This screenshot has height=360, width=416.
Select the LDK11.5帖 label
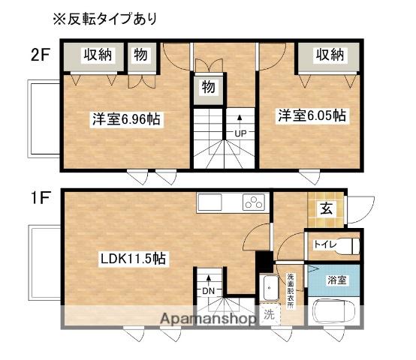pos(134,258)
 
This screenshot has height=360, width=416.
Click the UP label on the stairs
pos(240,134)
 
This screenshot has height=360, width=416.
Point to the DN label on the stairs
pos(207,290)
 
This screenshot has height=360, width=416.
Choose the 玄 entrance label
pos(327,209)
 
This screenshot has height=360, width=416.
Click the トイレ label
pos(324,244)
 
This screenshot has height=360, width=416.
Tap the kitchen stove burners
pos(254,203)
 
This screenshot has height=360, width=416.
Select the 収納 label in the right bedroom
pos(329,55)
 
